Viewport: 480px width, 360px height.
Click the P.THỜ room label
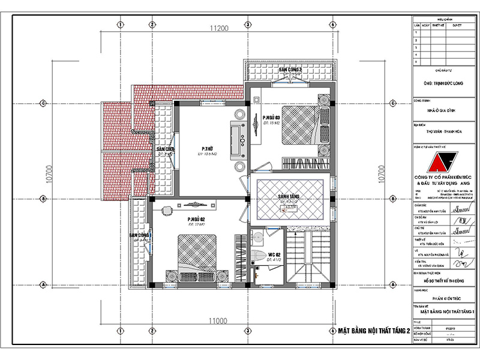coord(208,149)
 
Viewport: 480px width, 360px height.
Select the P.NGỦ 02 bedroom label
coord(197,220)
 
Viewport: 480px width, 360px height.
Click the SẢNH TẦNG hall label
coord(289,197)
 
